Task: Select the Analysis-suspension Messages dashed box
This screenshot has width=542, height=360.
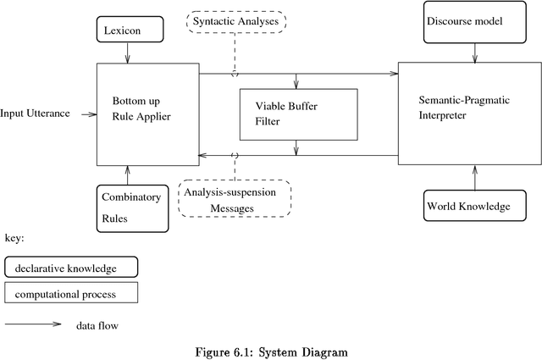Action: coord(235,199)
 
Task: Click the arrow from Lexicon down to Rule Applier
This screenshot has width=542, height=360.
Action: coord(128,53)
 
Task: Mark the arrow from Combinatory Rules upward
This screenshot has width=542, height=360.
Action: coord(128,175)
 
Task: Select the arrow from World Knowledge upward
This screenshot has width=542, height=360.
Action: coord(474,178)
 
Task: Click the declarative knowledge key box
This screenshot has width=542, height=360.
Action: coord(71,269)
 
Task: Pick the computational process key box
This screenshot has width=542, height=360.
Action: coord(71,294)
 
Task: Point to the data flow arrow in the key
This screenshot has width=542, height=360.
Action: coord(34,324)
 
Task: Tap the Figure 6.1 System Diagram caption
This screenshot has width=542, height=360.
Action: coord(270,351)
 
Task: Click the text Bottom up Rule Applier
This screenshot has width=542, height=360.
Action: coord(141,108)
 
